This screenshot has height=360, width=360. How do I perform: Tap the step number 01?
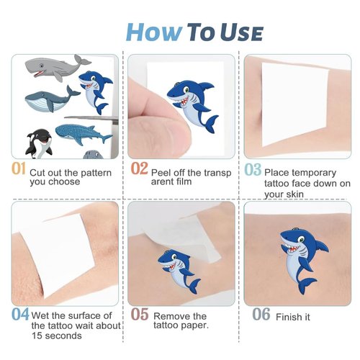19,170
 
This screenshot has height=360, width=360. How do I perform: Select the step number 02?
140,170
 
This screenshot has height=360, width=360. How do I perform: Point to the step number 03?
252,171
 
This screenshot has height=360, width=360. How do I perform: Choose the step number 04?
20,315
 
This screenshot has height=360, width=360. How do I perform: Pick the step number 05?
140,315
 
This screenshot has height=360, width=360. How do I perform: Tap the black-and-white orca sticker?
37,142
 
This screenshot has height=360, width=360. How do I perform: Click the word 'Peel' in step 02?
163,173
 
